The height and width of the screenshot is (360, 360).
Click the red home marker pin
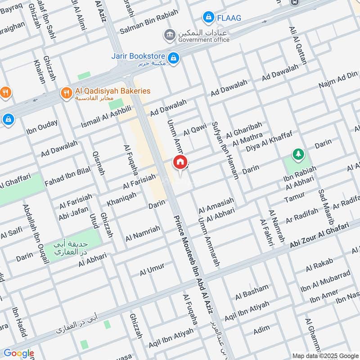(x=180, y=162)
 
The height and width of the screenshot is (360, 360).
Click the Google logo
(x=18, y=353)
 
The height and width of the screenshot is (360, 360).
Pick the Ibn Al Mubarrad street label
(x=325, y=281)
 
